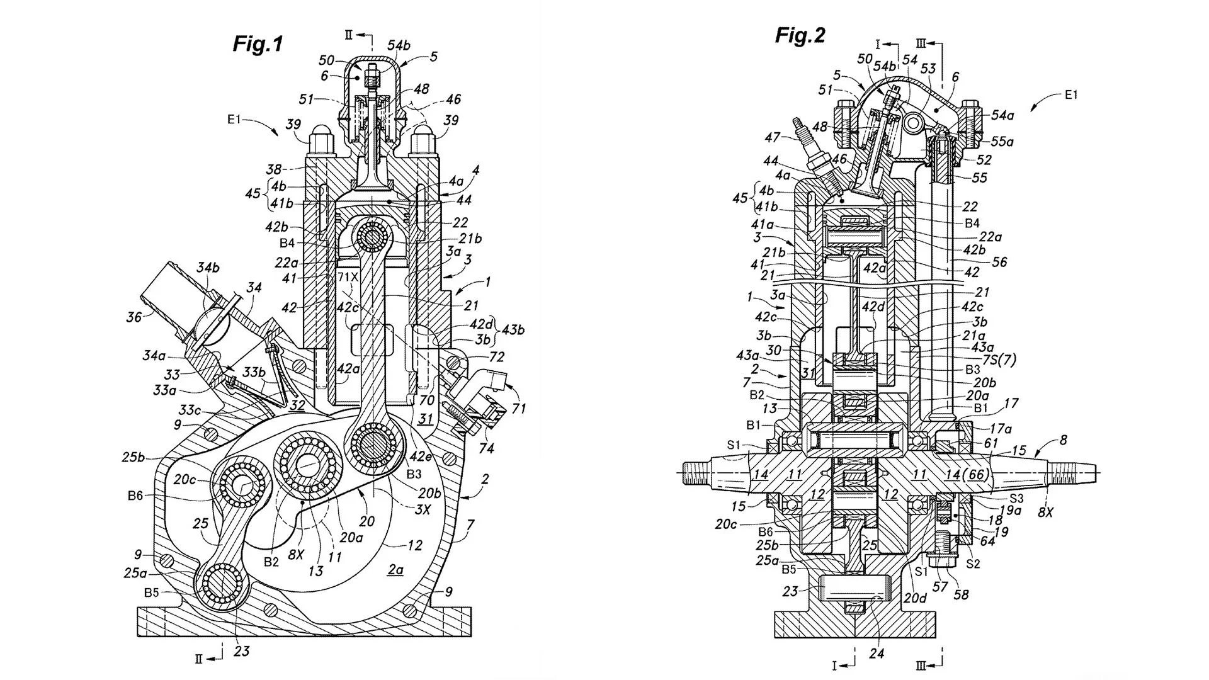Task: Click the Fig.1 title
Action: pos(258,43)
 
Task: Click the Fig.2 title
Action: pos(800,35)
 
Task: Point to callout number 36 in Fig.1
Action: pos(133,317)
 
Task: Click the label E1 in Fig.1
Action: pos(234,119)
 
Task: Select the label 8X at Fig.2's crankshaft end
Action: pos(1045,513)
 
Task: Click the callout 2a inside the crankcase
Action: pos(395,570)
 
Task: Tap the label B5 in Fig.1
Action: pos(152,592)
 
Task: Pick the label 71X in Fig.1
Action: pos(348,276)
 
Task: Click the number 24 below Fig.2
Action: pos(876,654)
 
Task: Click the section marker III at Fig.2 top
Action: pos(921,43)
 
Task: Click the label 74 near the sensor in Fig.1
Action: pos(486,448)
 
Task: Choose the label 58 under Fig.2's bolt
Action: pos(961,594)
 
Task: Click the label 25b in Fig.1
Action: pos(133,457)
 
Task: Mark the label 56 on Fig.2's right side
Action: pos(999,261)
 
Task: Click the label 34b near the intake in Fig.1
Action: pos(208,267)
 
